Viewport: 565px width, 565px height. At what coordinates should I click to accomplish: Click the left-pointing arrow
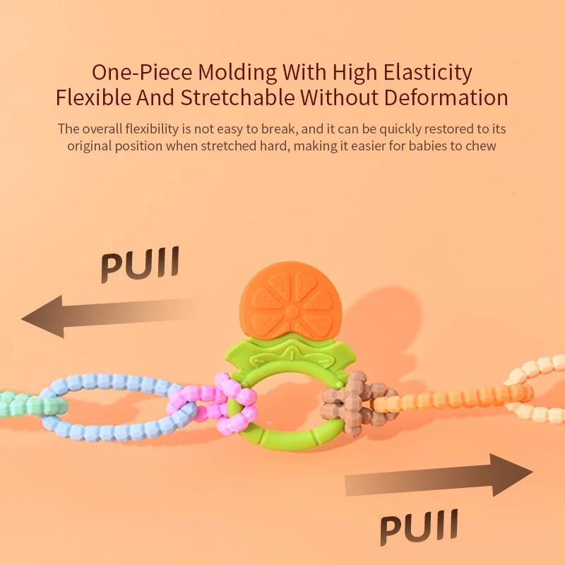point(106,316)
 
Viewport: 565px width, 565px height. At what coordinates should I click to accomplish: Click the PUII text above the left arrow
point(140,264)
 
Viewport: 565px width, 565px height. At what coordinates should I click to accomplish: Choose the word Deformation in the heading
point(444,97)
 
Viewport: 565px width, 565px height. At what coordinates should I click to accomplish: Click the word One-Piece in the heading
point(142,72)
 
